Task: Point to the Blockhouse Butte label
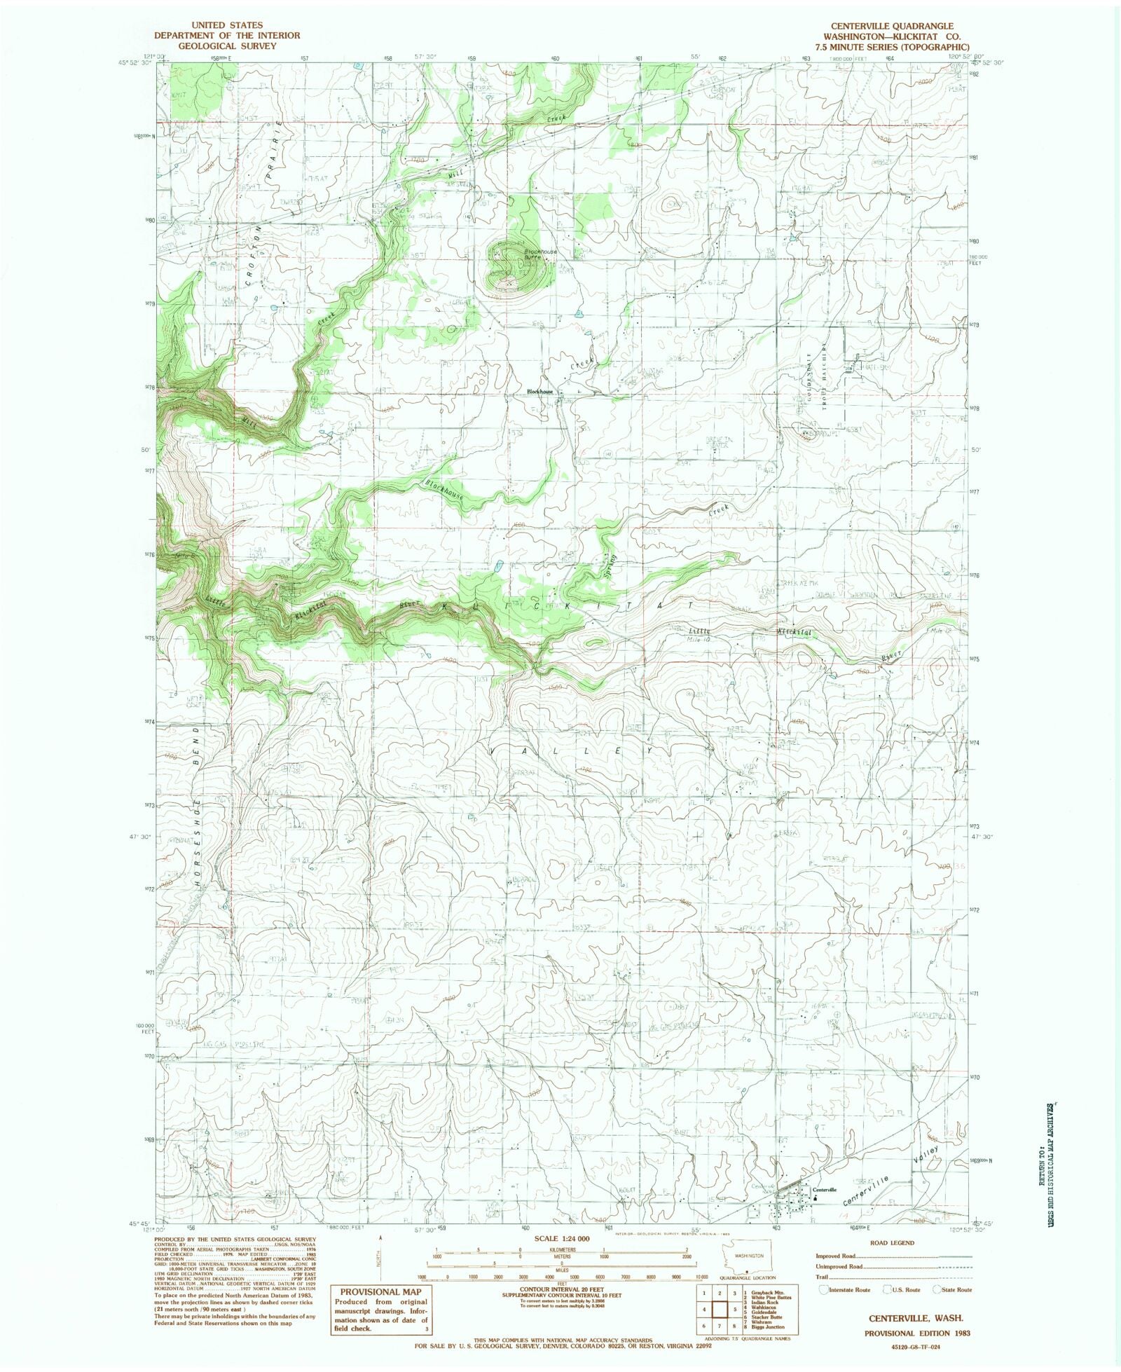point(541,254)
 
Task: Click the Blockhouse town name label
point(540,392)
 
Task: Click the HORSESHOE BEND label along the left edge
point(198,806)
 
